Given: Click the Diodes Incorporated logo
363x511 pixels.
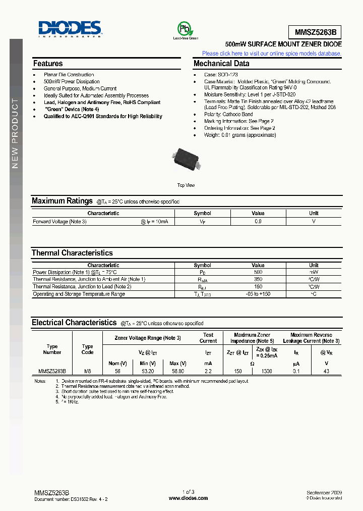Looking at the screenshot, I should pos(69,29).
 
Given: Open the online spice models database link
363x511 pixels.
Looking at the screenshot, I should pos(272,53).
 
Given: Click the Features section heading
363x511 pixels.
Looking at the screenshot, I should pos(48,64).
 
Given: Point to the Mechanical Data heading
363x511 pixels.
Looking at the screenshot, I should pos(221,64).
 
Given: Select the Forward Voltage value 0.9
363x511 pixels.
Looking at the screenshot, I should pos(258,222).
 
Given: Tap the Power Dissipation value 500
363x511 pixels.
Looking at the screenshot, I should pos(258,272).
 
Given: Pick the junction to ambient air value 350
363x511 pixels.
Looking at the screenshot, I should pos(258,279).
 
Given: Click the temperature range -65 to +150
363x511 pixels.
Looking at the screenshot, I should pos(258,294).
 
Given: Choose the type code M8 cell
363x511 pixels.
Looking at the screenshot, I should pos(87,371).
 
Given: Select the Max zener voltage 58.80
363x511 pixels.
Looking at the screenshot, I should pos(178,371).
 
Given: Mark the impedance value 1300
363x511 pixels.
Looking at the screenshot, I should pos(267,371).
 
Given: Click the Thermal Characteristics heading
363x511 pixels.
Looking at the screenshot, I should pos(72,253).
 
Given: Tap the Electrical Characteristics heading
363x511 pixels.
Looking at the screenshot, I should pos(74,323).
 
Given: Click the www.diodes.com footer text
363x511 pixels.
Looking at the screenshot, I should pos(188,498).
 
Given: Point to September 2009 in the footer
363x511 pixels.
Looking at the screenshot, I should pos(324,492).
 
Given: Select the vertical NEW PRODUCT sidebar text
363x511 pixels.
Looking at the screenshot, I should pos(15,133).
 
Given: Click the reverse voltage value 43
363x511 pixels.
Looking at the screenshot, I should pos(326,371).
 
